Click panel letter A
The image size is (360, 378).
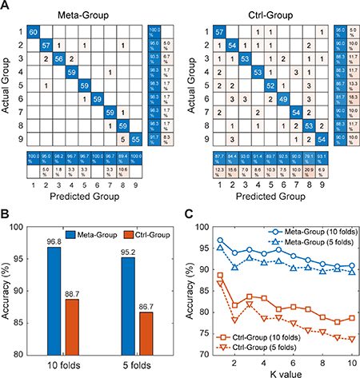coord(6,6)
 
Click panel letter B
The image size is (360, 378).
coord(6,213)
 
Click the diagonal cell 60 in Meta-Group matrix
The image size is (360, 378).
coord(34,31)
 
